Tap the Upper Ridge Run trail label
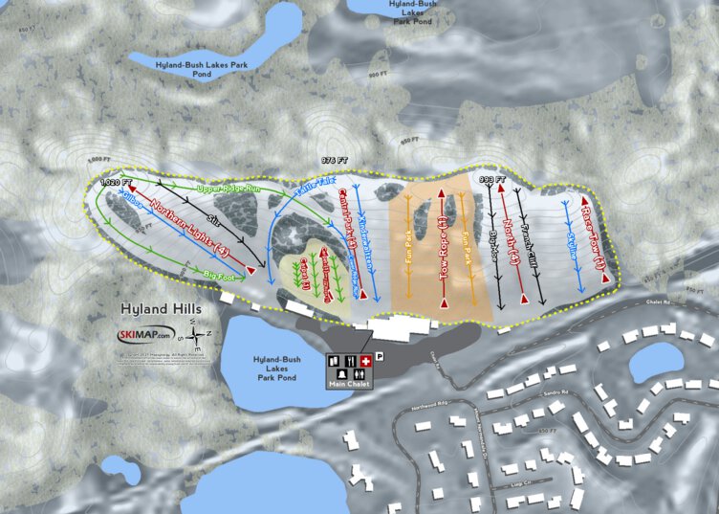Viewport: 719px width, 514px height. tap(229, 190)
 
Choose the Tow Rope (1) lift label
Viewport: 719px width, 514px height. tap(443, 248)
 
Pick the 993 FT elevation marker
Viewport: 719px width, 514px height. tap(491, 178)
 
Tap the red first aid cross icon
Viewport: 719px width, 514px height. tap(365, 359)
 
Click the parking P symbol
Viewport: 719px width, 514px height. tap(380, 355)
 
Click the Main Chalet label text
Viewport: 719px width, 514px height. tap(351, 384)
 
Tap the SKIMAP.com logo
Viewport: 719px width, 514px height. tap(143, 335)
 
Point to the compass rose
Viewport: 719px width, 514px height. tap(197, 337)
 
